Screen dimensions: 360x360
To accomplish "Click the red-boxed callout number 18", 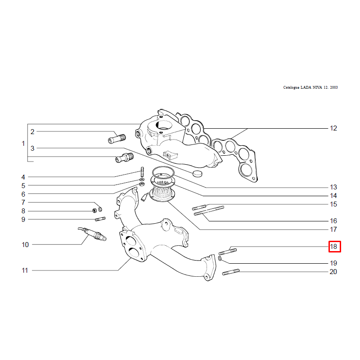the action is [x=333, y=247].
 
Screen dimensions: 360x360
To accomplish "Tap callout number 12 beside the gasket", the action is [x=333, y=128].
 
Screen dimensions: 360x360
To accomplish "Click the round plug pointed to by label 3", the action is [x=198, y=174].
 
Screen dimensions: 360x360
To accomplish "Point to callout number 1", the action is [x=23, y=144].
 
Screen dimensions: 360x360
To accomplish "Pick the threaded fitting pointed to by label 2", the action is [x=117, y=139].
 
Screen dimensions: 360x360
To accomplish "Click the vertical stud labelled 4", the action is [x=142, y=172].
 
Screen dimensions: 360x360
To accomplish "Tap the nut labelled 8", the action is [x=94, y=210].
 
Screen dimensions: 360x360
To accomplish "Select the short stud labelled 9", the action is [x=100, y=219].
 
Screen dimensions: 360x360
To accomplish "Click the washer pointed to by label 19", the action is [x=220, y=259].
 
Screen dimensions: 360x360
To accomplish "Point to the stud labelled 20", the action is [x=231, y=272].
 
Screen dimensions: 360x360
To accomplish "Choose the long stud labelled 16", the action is [x=209, y=211].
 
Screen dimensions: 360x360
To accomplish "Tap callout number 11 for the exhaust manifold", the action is [x=25, y=270].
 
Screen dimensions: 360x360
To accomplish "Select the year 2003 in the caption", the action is [x=334, y=87].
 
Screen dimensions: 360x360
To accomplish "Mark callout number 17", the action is [x=333, y=229].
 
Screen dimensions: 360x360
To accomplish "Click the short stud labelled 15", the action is [x=199, y=207].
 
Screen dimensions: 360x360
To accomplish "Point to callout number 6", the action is [x=23, y=194].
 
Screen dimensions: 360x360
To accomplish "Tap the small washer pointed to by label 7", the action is [x=100, y=209].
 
